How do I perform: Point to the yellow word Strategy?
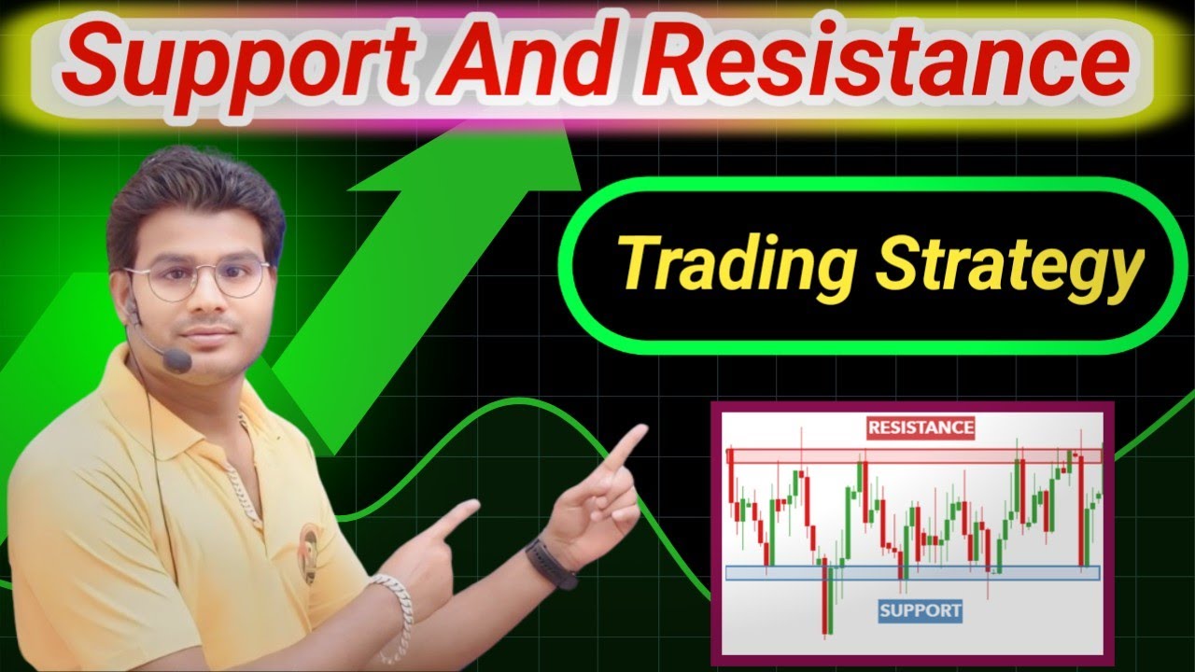click(1008, 266)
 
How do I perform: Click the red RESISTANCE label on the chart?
click(921, 428)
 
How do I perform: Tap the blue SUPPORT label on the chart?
click(921, 611)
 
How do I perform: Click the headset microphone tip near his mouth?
click(176, 358)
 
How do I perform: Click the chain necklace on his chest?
click(246, 485)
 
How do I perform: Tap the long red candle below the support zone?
click(825, 597)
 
